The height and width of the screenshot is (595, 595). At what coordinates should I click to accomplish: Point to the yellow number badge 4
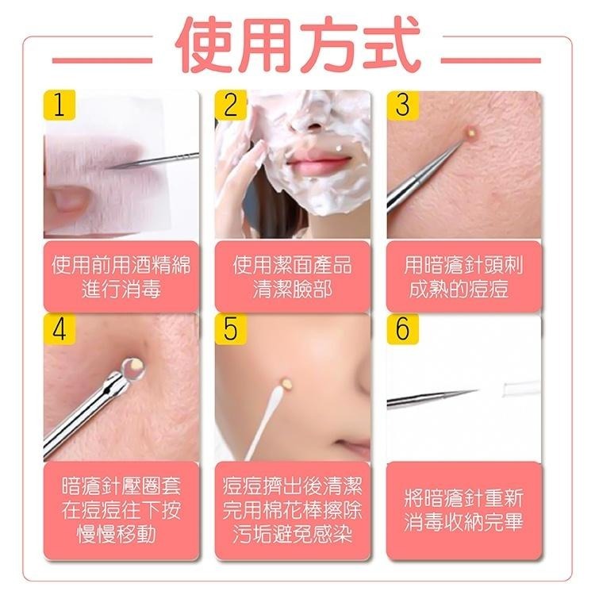tap(59, 328)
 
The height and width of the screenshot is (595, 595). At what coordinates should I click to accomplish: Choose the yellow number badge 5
tap(231, 328)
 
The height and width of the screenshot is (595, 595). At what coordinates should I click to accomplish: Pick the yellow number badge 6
tap(402, 328)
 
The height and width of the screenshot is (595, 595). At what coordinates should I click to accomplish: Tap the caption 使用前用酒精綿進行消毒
tap(121, 276)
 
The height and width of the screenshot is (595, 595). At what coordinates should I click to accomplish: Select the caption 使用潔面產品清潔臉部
tap(292, 276)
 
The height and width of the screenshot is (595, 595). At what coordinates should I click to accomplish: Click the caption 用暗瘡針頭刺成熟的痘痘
tap(464, 276)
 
